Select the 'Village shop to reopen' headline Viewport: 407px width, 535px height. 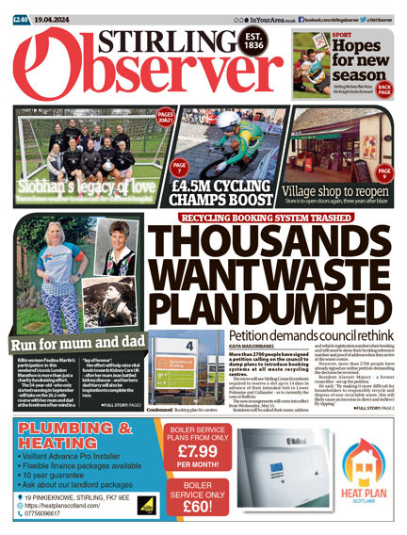click(335, 188)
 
